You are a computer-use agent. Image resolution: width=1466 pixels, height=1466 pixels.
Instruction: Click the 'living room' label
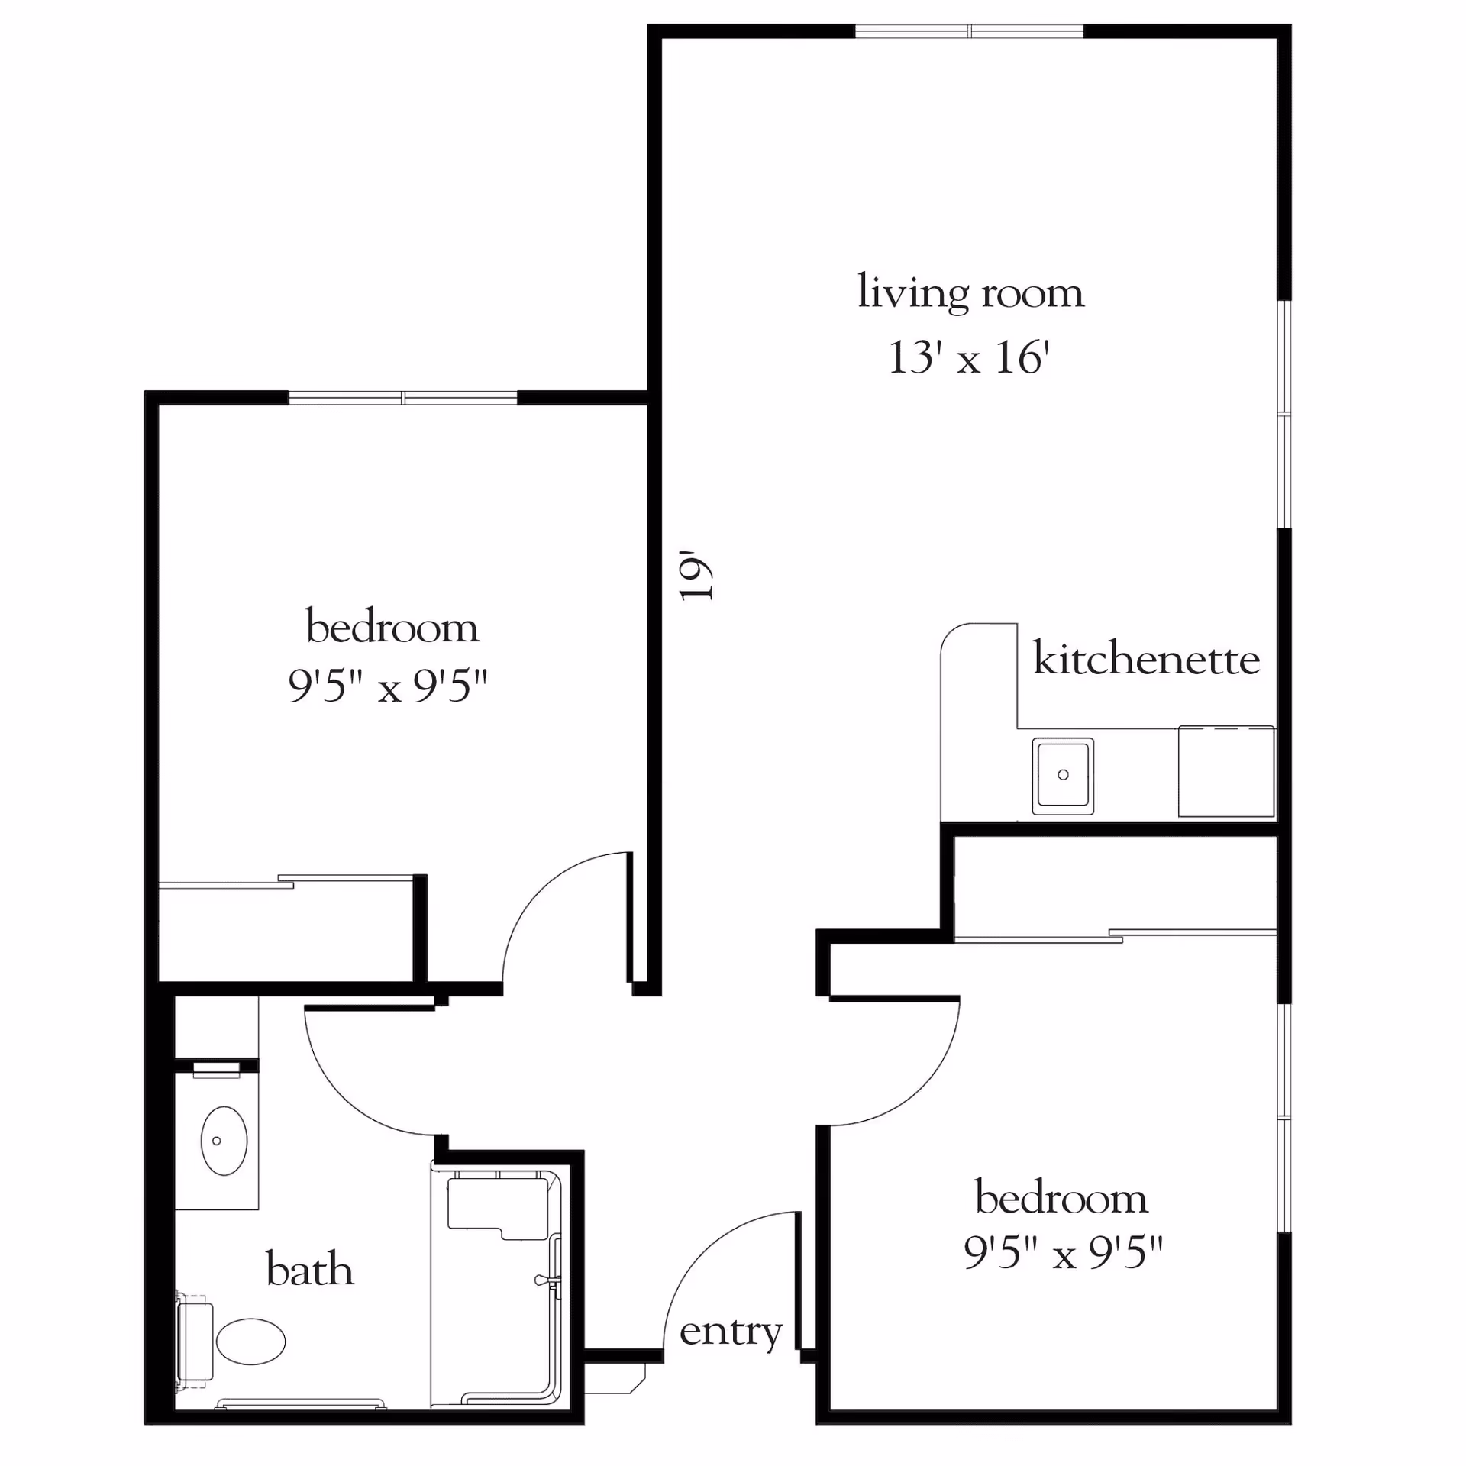pyautogui.click(x=970, y=292)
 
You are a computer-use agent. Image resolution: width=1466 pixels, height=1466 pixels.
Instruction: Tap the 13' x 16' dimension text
pyautogui.click(x=969, y=357)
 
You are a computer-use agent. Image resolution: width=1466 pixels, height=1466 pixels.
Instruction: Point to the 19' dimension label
pyautogui.click(x=696, y=575)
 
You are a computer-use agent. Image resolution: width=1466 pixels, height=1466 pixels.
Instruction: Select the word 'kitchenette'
pyautogui.click(x=1146, y=658)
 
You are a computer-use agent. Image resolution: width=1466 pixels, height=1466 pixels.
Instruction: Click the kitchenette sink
pyautogui.click(x=1063, y=775)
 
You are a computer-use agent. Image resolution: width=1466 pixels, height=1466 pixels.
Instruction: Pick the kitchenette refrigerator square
pyautogui.click(x=1226, y=771)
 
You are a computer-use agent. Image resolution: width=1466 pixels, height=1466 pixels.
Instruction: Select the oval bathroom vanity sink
pyautogui.click(x=224, y=1141)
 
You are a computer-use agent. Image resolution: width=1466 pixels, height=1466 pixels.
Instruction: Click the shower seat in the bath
pyautogui.click(x=498, y=1208)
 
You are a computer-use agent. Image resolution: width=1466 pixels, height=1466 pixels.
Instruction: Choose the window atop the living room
pyautogui.click(x=969, y=31)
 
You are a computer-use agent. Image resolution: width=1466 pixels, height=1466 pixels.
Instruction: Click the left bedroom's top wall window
pyautogui.click(x=403, y=397)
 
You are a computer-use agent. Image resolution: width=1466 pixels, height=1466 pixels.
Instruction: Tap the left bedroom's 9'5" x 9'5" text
pyautogui.click(x=388, y=686)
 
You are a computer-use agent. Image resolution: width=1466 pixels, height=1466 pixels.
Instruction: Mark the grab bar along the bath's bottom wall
pyautogui.click(x=301, y=1403)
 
